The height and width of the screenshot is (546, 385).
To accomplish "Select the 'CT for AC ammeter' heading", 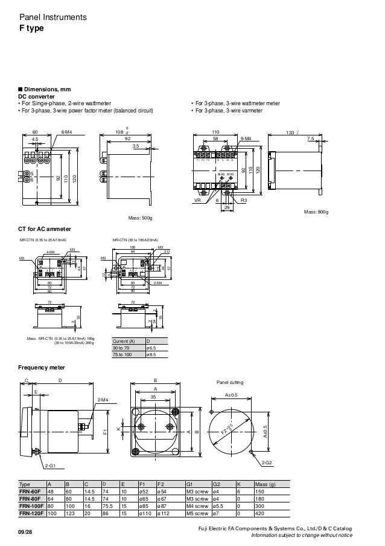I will click(45, 229).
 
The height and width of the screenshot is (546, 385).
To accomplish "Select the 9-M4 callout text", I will click(246, 138).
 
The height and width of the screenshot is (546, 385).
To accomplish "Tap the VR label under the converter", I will click(197, 200).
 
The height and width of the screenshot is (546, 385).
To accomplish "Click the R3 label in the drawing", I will click(244, 200).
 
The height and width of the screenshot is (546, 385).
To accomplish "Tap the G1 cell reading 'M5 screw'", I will click(197, 514).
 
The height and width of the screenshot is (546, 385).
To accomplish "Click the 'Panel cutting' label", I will click(229, 383).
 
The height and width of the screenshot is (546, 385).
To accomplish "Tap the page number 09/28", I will click(27, 531).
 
